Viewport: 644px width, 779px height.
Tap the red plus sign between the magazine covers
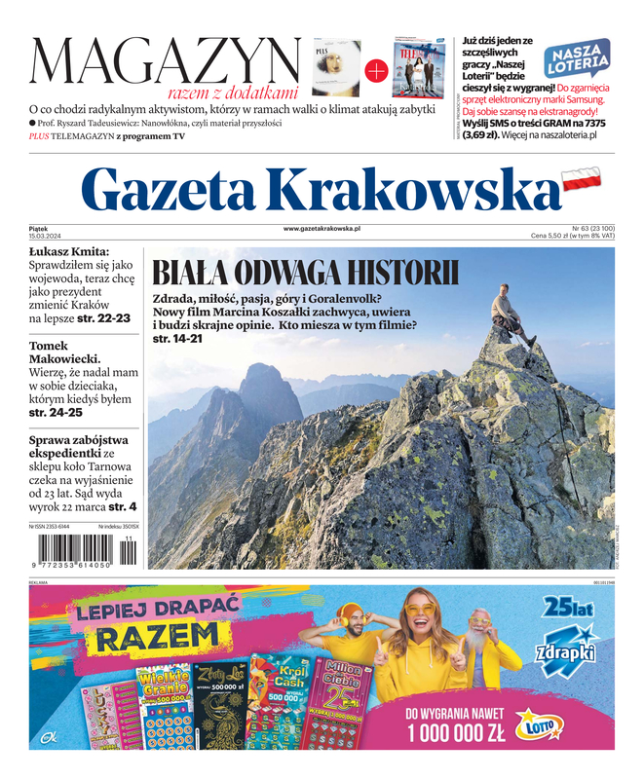(x=376, y=70)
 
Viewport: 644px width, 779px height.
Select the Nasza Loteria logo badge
(x=577, y=59)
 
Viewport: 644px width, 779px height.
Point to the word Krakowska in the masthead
(x=416, y=189)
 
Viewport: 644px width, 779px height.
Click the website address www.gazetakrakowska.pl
(x=322, y=228)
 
